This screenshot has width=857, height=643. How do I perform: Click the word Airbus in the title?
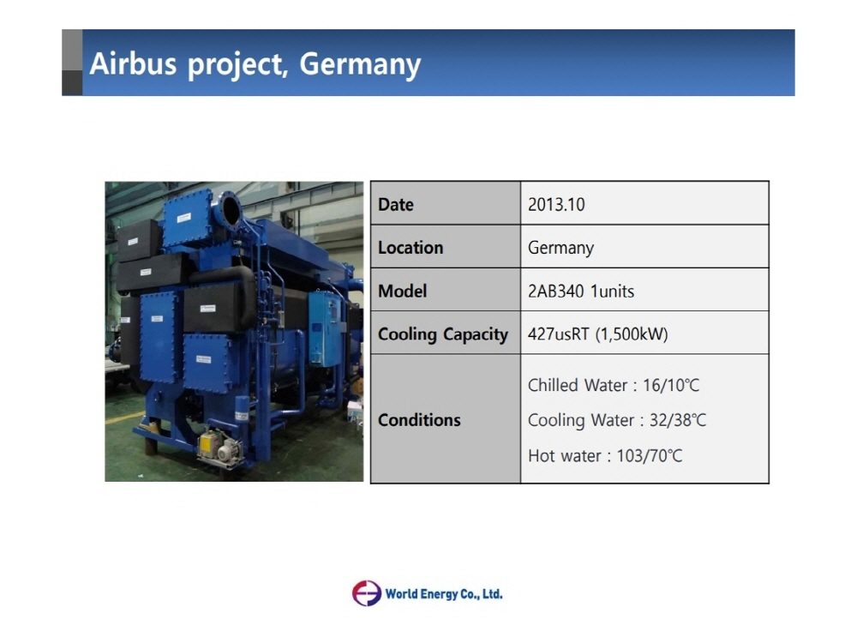click(x=133, y=64)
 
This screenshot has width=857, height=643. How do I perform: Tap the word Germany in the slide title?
click(x=360, y=64)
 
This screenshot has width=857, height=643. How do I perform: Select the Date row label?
click(x=396, y=205)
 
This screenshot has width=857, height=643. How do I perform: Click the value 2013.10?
click(x=556, y=205)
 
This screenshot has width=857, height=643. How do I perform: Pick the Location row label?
click(x=411, y=248)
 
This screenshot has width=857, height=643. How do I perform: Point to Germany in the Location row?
click(x=560, y=248)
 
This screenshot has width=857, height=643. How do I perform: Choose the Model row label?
click(x=402, y=291)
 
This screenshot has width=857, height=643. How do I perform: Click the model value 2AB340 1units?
click(x=581, y=291)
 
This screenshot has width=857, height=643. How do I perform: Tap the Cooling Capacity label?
click(x=443, y=334)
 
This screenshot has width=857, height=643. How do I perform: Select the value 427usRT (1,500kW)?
click(x=597, y=334)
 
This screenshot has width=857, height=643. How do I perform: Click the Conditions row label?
click(x=419, y=420)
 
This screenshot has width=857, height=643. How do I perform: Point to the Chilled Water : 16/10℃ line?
click(x=614, y=386)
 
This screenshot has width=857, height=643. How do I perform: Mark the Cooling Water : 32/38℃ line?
click(x=617, y=421)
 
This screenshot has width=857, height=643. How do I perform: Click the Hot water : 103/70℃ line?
click(x=605, y=456)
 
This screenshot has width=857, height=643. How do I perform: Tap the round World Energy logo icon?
click(x=366, y=593)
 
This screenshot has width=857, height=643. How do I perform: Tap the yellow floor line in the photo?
click(x=120, y=420)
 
